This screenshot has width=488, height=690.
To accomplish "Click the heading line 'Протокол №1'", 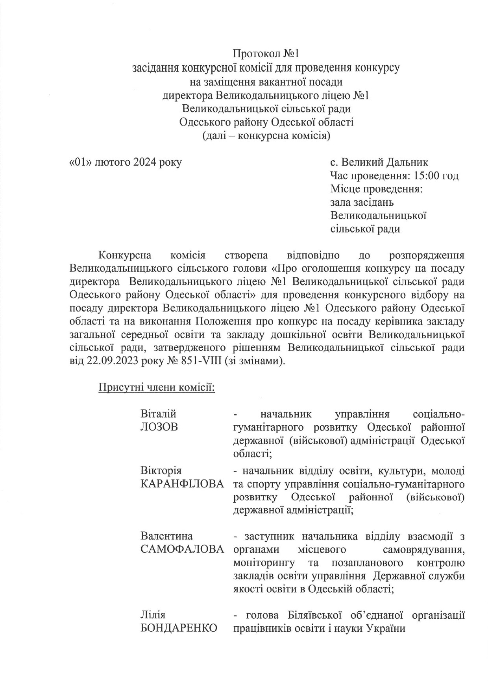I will (x=266, y=54).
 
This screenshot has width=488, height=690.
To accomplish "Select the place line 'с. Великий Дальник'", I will (x=379, y=162).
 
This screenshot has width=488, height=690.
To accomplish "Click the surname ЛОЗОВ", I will (x=159, y=427).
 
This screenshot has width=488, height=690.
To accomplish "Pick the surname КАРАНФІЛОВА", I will (x=182, y=483).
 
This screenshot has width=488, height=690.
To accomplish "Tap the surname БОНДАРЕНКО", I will (x=179, y=628).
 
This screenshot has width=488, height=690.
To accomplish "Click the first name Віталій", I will (x=158, y=414).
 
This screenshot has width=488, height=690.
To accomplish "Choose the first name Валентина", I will (x=166, y=536).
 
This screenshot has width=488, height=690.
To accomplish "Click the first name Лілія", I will (x=153, y=615).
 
